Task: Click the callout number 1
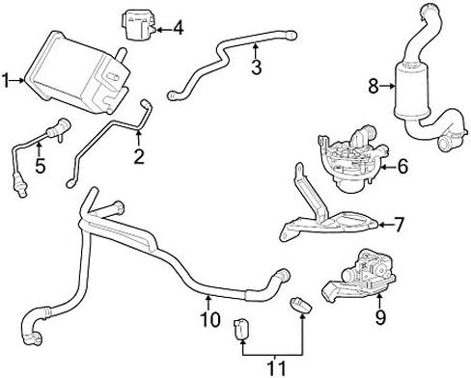click(5, 80)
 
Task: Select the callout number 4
click(179, 28)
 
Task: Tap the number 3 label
click(257, 67)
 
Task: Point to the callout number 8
click(374, 86)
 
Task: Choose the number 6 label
click(402, 167)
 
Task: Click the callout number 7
click(398, 225)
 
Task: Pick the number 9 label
click(380, 317)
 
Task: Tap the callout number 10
click(210, 319)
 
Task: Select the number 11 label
click(276, 368)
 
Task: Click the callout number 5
click(41, 166)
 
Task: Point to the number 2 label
click(139, 156)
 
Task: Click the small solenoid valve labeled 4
click(138, 24)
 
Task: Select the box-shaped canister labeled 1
click(77, 72)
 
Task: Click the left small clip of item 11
click(241, 329)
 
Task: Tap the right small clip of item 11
click(301, 305)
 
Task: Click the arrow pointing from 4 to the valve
click(164, 30)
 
